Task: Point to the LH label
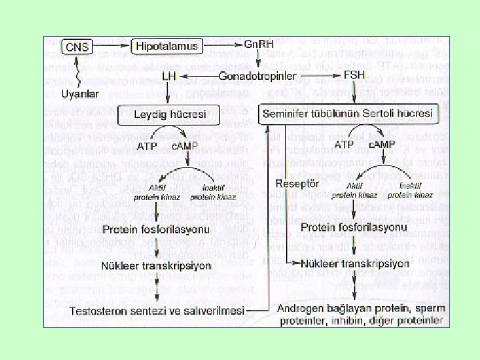169,78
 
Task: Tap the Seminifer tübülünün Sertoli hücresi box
349,113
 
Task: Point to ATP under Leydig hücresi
147,145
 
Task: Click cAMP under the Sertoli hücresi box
383,144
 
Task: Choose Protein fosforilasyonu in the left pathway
157,230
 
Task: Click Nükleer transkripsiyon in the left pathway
157,265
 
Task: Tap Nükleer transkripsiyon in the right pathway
354,263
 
